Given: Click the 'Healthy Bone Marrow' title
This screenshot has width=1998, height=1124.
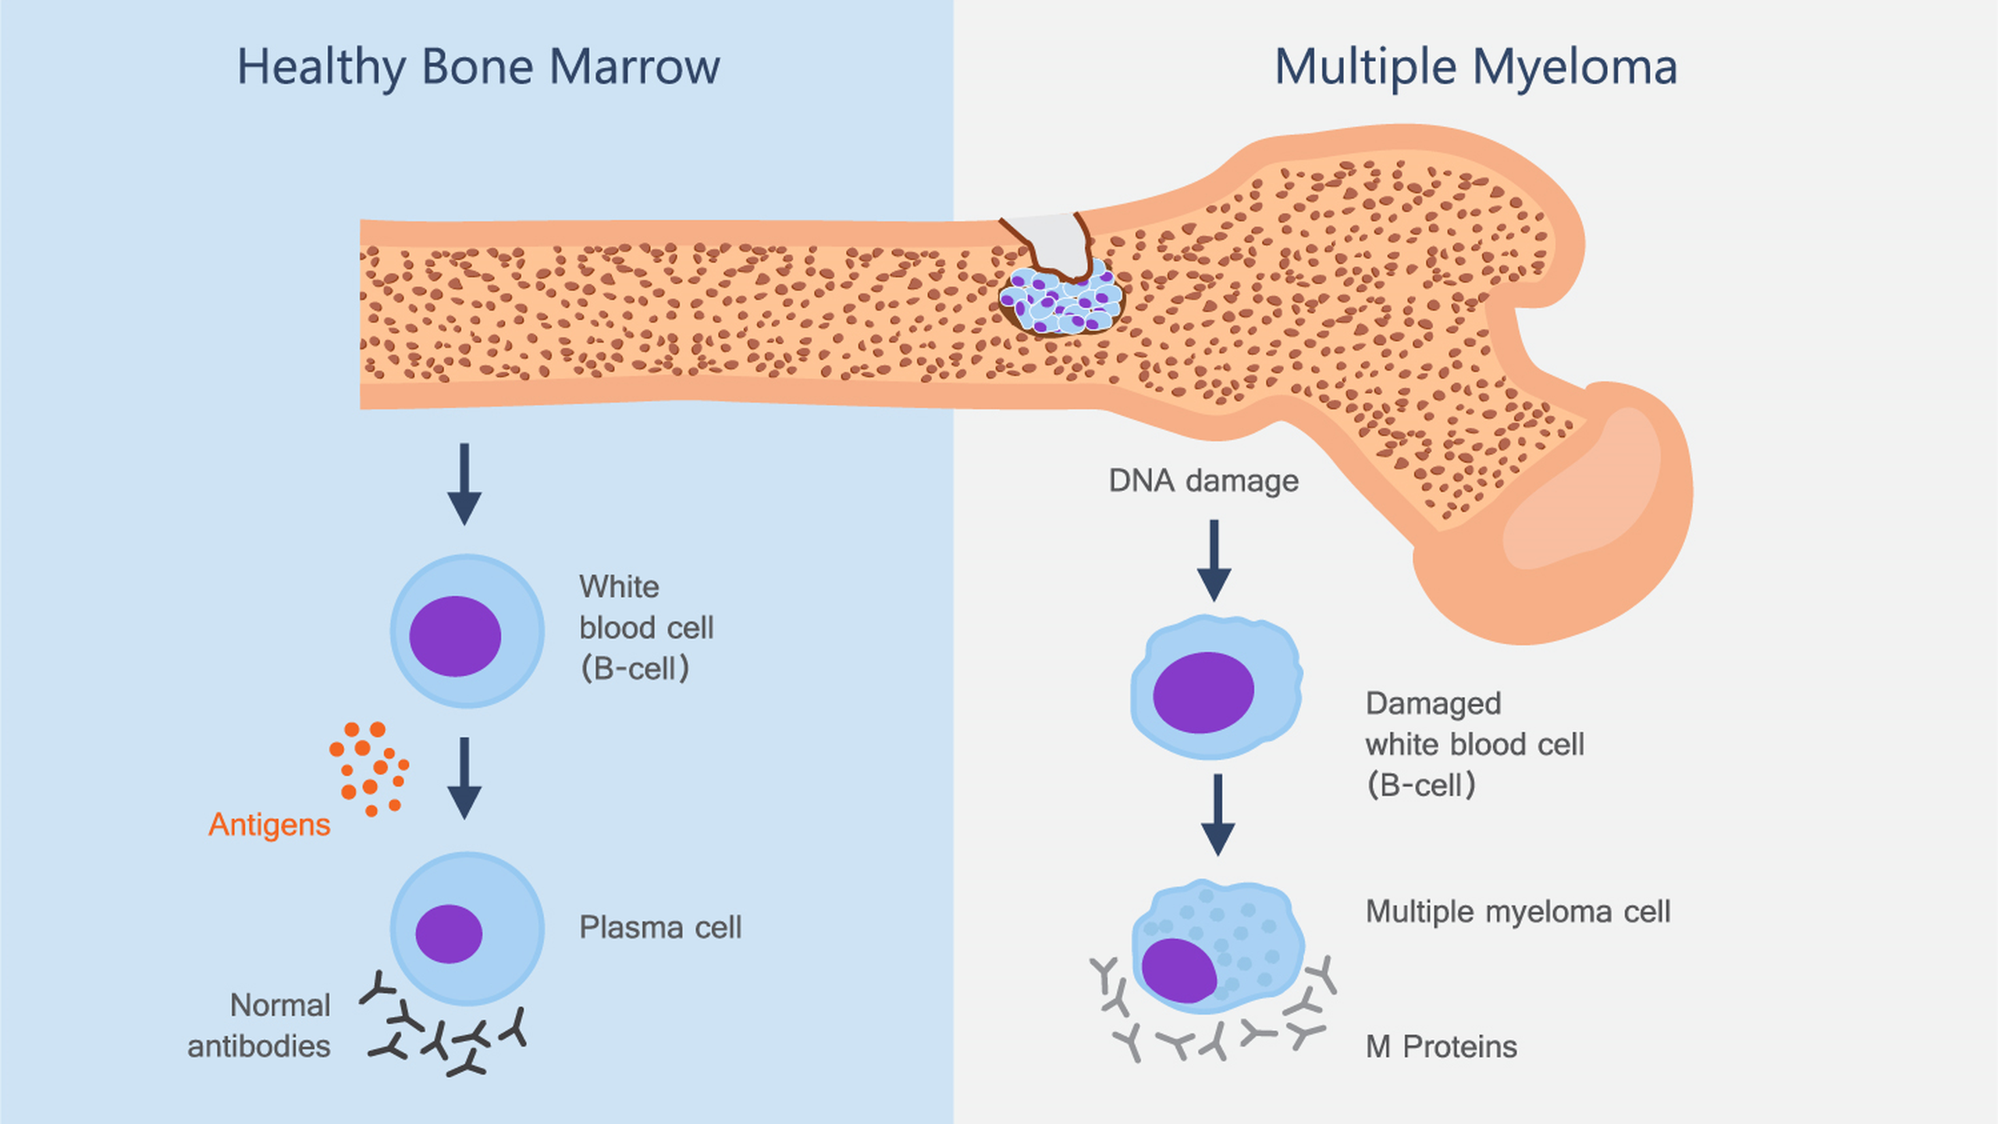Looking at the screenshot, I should tap(478, 67).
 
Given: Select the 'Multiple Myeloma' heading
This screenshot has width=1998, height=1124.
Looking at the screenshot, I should tap(1475, 67).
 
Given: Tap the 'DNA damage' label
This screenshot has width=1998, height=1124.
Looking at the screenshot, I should tap(1203, 481).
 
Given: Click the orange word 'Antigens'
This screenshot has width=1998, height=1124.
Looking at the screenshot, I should tap(269, 825).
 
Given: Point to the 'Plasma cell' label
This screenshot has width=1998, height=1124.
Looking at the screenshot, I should tap(660, 927).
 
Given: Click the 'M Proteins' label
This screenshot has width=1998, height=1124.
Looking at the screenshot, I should tap(1441, 1047).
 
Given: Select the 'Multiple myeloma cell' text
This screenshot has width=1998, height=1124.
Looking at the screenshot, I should tap(1517, 912).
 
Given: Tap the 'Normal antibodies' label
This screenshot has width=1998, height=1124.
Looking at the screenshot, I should tap(259, 1026).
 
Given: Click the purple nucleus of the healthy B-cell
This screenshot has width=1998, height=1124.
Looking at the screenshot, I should tap(455, 636).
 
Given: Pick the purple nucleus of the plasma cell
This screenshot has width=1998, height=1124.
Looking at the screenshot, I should tap(449, 934).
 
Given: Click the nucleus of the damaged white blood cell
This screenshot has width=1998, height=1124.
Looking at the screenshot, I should tap(1203, 692).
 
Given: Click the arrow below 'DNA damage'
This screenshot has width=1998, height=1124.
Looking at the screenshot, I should tap(1214, 560).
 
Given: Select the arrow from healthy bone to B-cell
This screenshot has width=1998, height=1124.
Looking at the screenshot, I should tap(464, 484).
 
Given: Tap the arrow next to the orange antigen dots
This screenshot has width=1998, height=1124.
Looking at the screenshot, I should tap(464, 777).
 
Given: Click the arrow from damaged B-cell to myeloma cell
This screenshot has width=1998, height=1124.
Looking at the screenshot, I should tap(1218, 815).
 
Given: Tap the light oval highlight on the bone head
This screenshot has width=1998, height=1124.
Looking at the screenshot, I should tap(1584, 492).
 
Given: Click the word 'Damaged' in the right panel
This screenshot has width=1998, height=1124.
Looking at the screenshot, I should tap(1433, 704).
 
